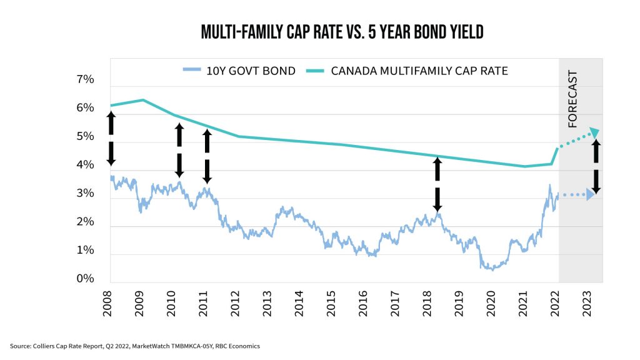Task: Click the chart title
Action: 342,32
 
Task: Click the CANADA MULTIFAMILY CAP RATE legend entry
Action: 409,71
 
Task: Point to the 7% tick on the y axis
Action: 85,79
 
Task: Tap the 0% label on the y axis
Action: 85,279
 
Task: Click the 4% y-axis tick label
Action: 85,165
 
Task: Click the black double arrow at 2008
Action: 111,138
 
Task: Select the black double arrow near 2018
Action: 437,184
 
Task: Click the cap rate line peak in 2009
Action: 142,99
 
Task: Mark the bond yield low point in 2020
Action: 492,269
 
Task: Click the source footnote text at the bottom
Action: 134,346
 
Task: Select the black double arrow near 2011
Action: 207,156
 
